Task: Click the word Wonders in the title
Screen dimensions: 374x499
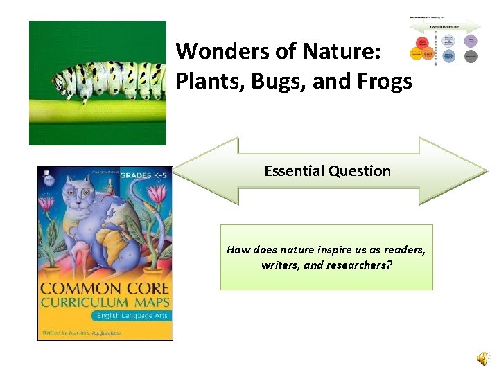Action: point(215,51)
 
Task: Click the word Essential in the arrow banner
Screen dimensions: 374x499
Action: point(295,171)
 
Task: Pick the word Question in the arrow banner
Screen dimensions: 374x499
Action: point(360,171)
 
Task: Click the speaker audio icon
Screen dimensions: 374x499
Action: point(481,357)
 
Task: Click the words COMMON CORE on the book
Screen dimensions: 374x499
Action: point(105,289)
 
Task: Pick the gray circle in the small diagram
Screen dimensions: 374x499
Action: point(471,56)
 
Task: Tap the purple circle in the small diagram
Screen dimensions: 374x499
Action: point(471,41)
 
